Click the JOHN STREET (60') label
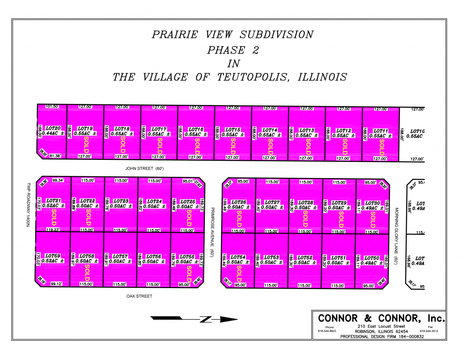click(145, 169)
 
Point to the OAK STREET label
click(139, 296)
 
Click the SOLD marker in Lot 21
click(53, 218)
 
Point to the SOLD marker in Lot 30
click(372, 219)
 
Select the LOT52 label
click(305, 257)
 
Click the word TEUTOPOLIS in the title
click(250, 77)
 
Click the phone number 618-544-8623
click(327, 331)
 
